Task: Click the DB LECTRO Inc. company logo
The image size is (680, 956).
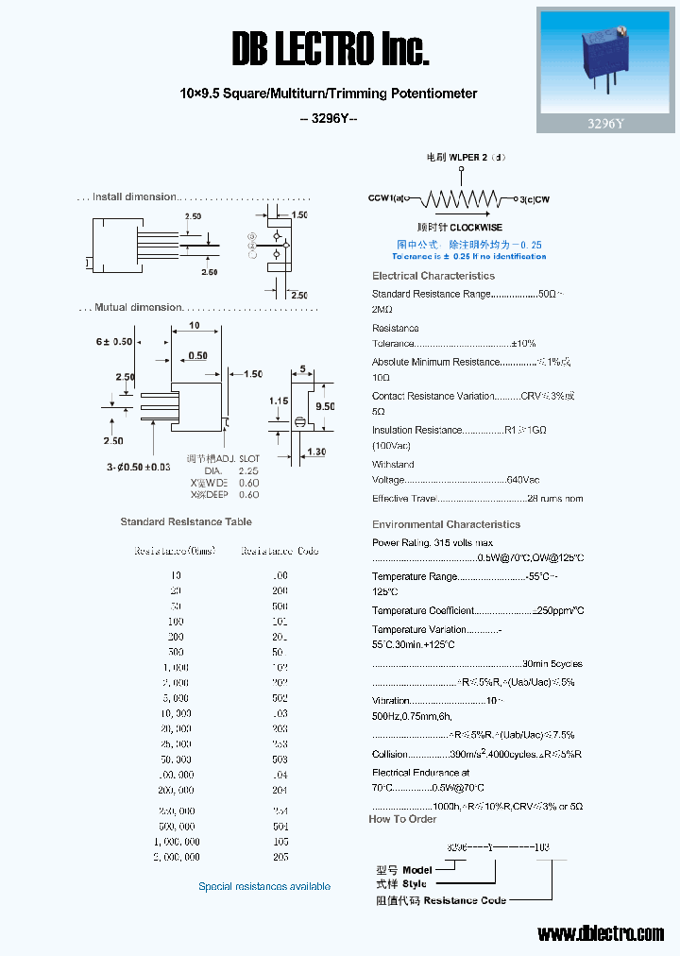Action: click(x=330, y=47)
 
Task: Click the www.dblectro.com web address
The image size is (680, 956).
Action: click(x=601, y=933)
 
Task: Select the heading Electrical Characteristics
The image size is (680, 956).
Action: click(x=433, y=276)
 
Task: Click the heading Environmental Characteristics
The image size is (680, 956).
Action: click(x=446, y=524)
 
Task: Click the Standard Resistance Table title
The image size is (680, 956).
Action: click(x=186, y=521)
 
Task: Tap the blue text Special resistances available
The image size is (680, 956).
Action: click(x=264, y=886)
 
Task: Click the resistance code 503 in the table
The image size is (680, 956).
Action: click(x=280, y=760)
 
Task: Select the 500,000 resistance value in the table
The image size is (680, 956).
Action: click(x=176, y=827)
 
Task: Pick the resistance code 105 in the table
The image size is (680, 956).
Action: click(x=280, y=842)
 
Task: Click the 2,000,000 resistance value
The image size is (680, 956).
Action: click(x=176, y=857)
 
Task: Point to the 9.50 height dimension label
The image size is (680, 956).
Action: click(x=325, y=406)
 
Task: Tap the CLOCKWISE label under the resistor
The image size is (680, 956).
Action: click(x=476, y=228)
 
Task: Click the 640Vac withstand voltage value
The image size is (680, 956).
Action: click(x=523, y=480)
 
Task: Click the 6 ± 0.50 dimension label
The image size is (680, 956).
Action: click(x=114, y=341)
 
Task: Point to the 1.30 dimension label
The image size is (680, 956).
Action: click(x=315, y=452)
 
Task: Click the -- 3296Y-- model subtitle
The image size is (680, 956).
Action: click(x=328, y=118)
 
